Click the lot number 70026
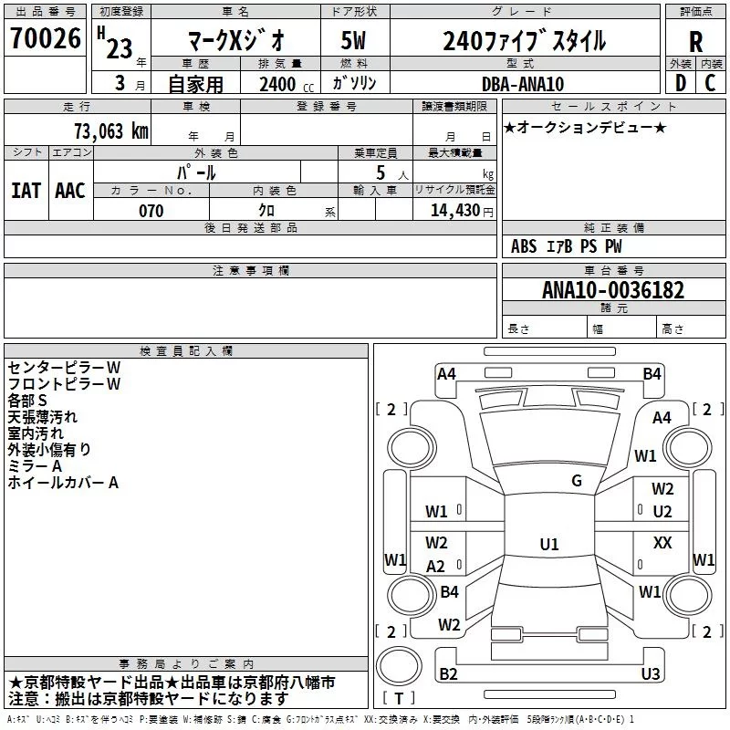(x=45, y=39)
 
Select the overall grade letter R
(x=695, y=41)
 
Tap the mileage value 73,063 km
(x=110, y=130)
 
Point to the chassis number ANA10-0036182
(x=612, y=291)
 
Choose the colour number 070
(x=151, y=211)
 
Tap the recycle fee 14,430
(x=453, y=211)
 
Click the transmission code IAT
(x=26, y=190)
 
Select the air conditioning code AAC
(x=69, y=190)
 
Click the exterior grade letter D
(x=680, y=84)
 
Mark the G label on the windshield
(x=577, y=481)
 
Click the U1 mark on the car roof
(x=548, y=545)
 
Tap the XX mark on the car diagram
(x=662, y=543)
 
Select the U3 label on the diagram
(x=651, y=674)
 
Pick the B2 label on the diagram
(x=448, y=674)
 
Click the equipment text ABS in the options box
(x=524, y=246)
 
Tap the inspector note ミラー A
(x=35, y=466)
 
